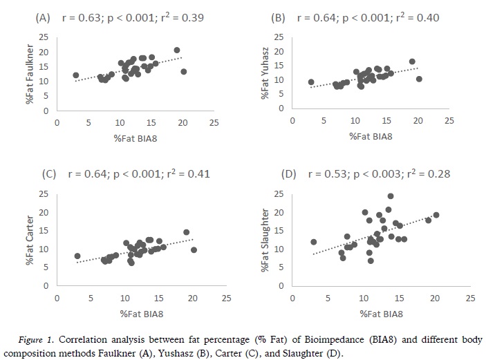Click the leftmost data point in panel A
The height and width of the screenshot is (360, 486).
[x=75, y=75]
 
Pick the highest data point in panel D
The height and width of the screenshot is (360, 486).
[x=391, y=196]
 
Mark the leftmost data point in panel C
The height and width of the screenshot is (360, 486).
[x=77, y=256]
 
